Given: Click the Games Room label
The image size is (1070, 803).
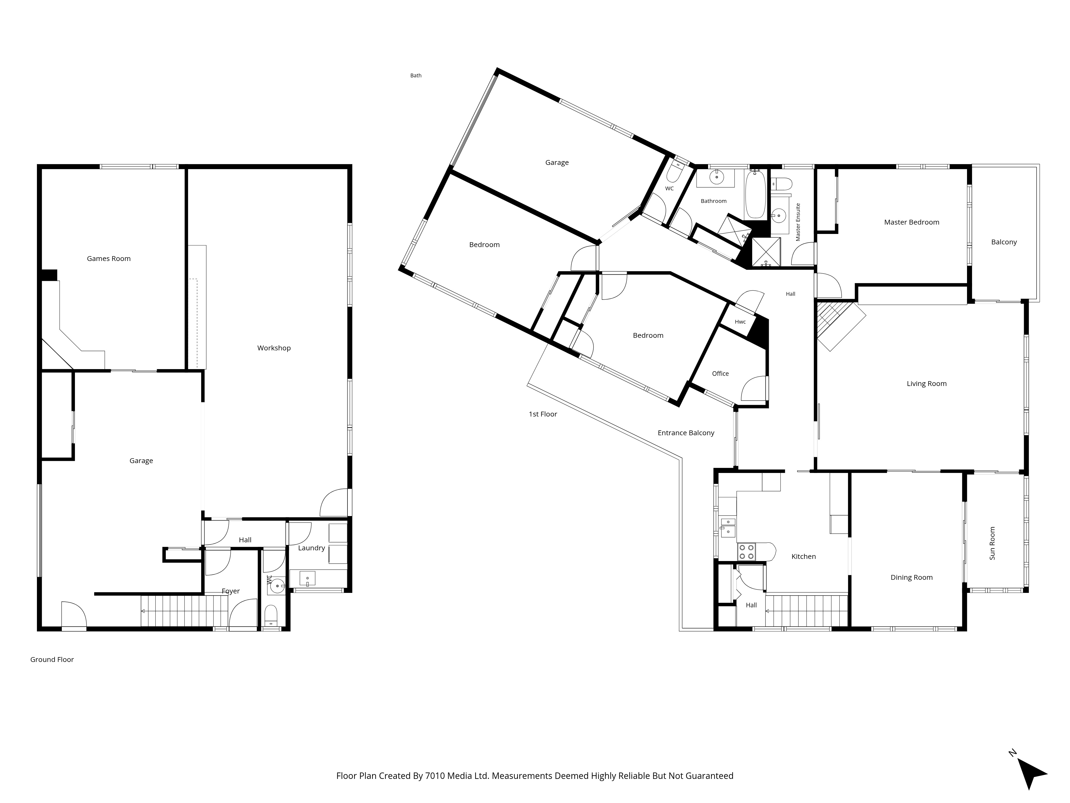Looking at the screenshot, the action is coord(109,259).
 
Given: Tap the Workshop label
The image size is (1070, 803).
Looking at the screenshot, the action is coord(274,348).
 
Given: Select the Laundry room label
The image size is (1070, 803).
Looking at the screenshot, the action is coord(312,548).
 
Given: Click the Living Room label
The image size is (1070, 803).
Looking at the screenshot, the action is coord(926,384).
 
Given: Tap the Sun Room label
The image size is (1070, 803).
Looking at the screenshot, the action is coord(992,543).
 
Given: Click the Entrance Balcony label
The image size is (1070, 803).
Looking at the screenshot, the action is coord(686,433).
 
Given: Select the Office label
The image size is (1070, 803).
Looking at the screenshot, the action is coord(720,374).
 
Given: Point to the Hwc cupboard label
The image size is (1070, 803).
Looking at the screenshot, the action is coord(740,322).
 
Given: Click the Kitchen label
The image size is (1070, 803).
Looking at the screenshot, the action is coord(804,557).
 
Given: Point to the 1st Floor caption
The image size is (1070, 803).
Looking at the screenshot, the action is coord(543,414).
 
